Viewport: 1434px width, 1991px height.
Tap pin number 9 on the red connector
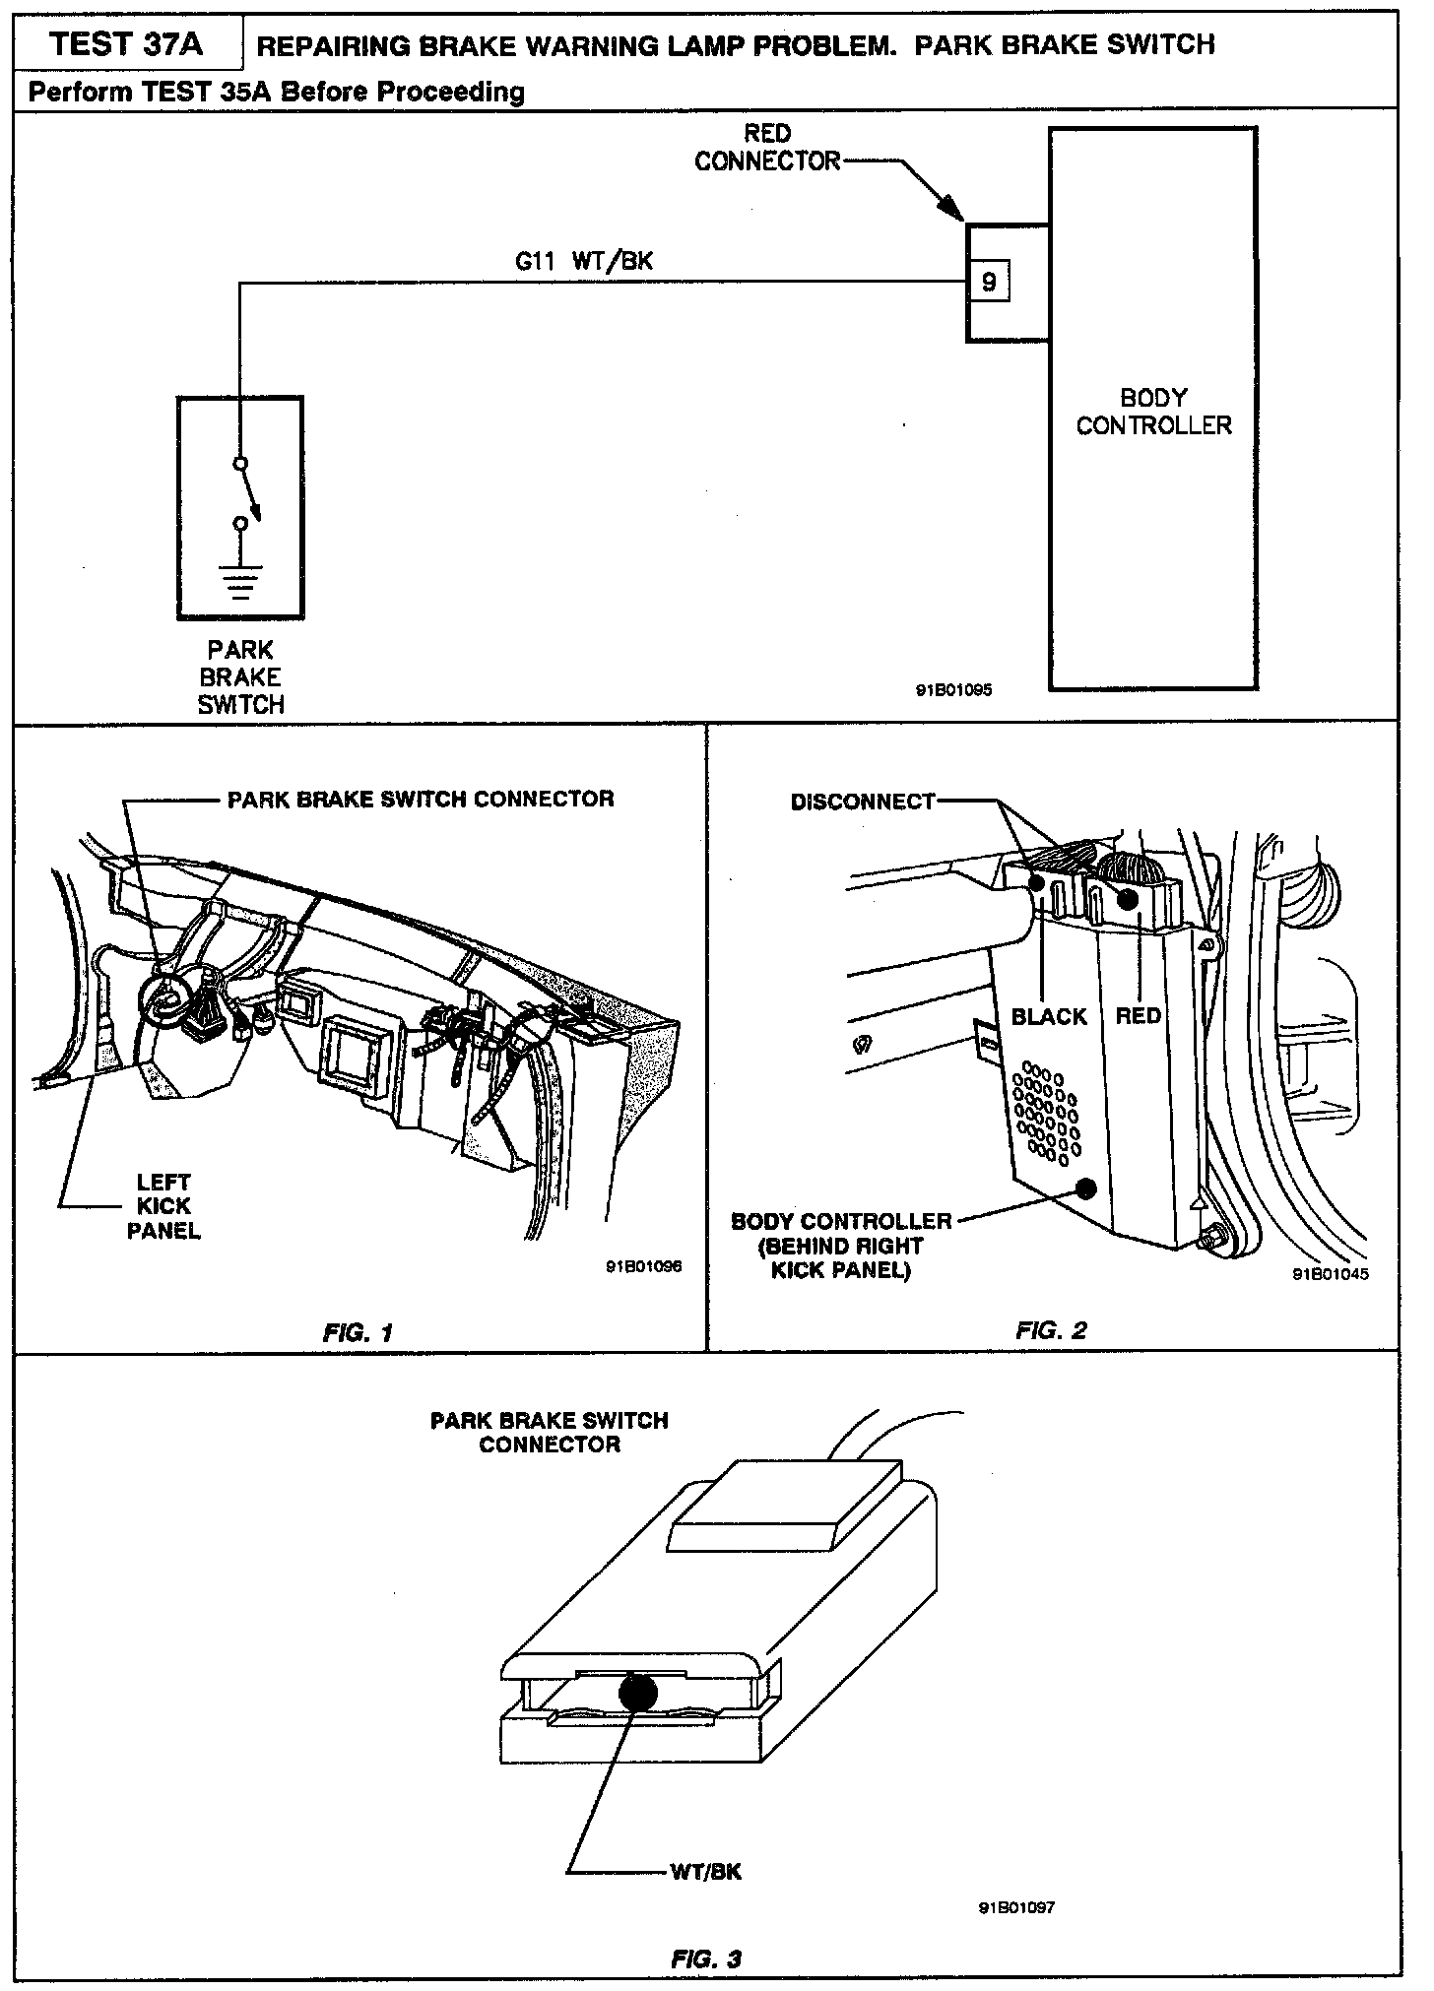[989, 284]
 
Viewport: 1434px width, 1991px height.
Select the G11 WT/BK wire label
[584, 261]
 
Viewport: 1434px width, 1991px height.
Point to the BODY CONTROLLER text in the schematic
[1153, 412]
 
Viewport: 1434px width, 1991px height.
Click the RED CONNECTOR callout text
[768, 148]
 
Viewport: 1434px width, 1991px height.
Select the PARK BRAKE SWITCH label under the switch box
[240, 677]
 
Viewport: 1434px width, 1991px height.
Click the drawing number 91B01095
[953, 690]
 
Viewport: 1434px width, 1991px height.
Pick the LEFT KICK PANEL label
[163, 1205]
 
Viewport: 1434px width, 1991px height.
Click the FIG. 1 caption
[358, 1333]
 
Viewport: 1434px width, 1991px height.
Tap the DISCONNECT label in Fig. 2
[863, 802]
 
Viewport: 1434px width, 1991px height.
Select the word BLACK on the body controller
[1049, 1016]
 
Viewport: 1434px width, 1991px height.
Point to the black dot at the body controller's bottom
[1087, 1188]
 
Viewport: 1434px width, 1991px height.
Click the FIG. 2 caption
[1051, 1330]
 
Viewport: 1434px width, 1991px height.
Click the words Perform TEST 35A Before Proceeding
[277, 92]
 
